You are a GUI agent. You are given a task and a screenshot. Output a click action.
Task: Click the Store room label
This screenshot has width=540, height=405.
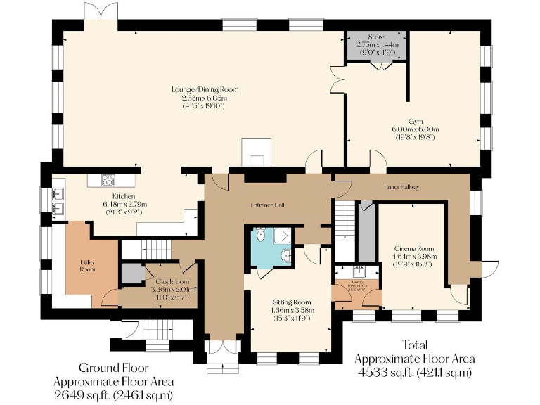[x=376, y=37]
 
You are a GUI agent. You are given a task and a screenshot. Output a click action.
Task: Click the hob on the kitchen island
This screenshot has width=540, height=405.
[x=108, y=180]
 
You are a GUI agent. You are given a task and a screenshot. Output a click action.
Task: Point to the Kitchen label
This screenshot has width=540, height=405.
[x=124, y=196]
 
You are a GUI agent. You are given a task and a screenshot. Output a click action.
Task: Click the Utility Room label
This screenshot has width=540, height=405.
[x=86, y=265]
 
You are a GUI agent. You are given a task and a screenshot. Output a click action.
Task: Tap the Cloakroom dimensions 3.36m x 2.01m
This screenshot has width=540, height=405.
[x=174, y=289]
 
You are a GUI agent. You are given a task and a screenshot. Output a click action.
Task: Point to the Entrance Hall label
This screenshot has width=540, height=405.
[x=267, y=205]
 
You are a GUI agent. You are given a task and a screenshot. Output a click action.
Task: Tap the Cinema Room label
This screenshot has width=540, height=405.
[x=414, y=248]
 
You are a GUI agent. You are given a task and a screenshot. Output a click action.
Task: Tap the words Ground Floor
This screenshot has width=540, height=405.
[x=113, y=368]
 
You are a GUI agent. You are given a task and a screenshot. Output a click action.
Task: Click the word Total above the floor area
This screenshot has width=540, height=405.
[x=414, y=345]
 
